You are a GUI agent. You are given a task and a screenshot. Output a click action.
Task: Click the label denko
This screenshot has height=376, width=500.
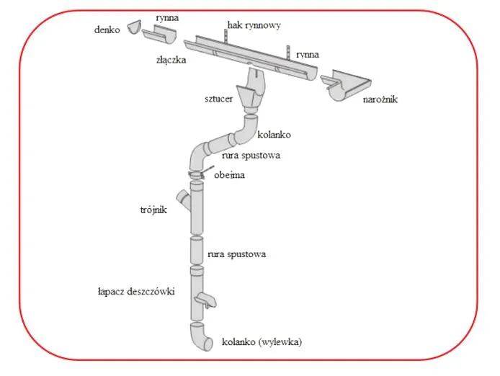click(107, 30)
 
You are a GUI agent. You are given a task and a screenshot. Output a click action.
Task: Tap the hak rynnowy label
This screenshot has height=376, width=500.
click(254, 25)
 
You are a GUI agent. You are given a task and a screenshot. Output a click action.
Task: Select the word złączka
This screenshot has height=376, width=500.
click(171, 60)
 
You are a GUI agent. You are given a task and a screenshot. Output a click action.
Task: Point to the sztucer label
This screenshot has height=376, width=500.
click(218, 99)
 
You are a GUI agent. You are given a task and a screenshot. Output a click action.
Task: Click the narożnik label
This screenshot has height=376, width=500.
click(380, 99)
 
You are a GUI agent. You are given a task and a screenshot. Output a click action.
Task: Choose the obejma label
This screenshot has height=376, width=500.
click(230, 175)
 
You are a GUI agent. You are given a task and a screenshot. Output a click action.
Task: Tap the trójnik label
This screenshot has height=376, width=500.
click(153, 210)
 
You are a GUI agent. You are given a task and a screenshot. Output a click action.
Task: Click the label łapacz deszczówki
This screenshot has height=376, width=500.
click(136, 292)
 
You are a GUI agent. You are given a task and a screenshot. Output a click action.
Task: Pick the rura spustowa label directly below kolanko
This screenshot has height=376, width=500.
click(251, 156)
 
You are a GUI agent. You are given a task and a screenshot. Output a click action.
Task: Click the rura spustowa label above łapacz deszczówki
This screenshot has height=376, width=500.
click(236, 254)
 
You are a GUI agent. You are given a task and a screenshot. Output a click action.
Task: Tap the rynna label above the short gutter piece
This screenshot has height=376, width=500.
click(167, 17)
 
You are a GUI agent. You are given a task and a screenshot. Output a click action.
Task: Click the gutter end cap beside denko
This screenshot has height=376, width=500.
click(133, 27)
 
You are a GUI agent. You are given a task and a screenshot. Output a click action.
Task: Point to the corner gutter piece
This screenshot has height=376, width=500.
click(345, 86)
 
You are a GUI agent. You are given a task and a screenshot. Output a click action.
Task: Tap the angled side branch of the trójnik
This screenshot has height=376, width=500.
click(184, 200)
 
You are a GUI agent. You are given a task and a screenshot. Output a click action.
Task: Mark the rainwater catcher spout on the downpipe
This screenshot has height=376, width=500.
click(205, 300)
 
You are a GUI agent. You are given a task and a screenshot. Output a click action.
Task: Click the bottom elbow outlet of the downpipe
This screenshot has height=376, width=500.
click(201, 337)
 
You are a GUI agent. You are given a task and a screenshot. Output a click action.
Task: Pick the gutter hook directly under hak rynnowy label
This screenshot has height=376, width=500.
click(226, 36)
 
